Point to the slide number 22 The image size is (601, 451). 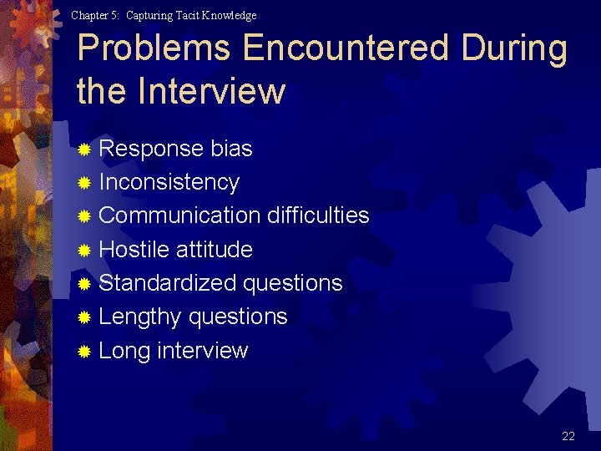coord(568,436)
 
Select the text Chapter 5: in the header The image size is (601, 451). coord(95,15)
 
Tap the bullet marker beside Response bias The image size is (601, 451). coord(83,150)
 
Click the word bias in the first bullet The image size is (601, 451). coord(231,149)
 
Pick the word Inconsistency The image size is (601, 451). coord(169,182)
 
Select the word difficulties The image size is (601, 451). coord(318,215)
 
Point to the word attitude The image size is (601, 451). coord(215,249)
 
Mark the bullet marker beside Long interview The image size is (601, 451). coord(83,352)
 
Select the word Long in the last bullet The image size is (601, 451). coord(124,351)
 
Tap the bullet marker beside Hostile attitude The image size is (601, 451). coord(83,251)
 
